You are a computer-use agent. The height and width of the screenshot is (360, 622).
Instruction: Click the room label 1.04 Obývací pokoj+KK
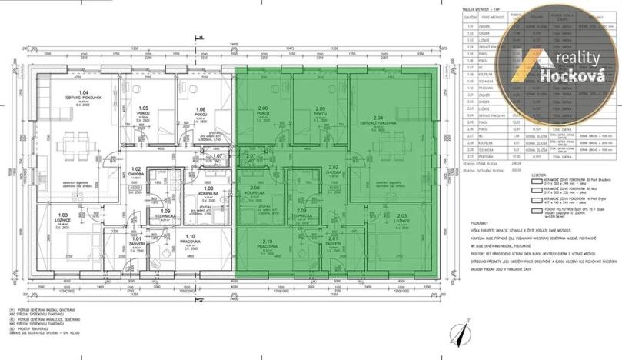pos(72,95)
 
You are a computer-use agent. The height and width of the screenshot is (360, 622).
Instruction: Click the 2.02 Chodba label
pos(333,168)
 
